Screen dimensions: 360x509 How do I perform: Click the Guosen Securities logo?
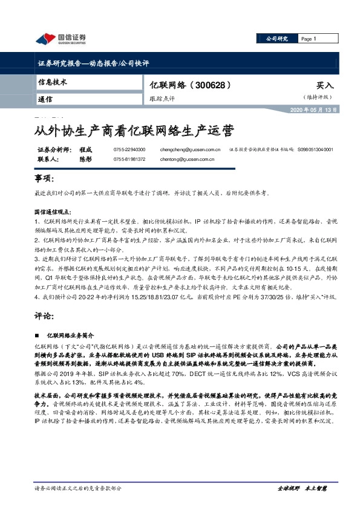[x=61, y=39]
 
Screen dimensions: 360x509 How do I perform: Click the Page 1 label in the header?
[x=309, y=39]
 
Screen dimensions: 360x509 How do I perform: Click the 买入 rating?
[x=325, y=86]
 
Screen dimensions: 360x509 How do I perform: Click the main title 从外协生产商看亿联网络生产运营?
[x=133, y=130]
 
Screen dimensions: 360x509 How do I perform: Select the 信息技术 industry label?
[x=53, y=82]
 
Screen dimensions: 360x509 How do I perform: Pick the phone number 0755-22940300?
[x=129, y=149]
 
